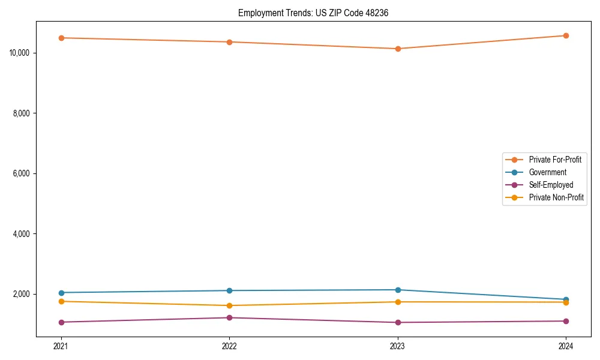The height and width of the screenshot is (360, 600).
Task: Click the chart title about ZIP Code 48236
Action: tap(313, 13)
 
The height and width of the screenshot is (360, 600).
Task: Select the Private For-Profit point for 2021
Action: tap(61, 38)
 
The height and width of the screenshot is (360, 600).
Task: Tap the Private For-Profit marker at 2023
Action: tap(398, 49)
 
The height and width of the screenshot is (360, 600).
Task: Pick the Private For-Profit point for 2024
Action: tap(566, 35)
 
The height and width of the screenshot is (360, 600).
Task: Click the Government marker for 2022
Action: tap(229, 290)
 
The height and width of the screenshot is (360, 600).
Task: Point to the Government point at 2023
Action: tap(398, 290)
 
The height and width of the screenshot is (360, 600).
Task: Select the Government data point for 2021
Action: tap(61, 293)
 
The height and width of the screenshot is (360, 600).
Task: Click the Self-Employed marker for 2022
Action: tap(229, 317)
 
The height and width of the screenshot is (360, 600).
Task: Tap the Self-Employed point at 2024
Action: tap(566, 321)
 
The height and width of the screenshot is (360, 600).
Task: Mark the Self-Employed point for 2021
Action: tap(61, 322)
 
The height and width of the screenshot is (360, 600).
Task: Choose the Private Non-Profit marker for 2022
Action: tap(229, 305)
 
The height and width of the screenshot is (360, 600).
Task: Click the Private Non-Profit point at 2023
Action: tap(398, 302)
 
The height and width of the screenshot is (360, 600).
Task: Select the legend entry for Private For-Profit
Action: tap(555, 160)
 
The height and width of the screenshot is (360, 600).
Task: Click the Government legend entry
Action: tap(547, 172)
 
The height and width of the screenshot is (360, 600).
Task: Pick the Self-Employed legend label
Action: tap(551, 185)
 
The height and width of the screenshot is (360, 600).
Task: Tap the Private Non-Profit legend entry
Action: tap(556, 197)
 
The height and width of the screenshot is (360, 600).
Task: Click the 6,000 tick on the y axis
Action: tap(22, 173)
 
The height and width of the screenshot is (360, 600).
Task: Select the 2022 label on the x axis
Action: tap(229, 346)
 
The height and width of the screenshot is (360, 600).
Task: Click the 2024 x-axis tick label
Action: tap(566, 346)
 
